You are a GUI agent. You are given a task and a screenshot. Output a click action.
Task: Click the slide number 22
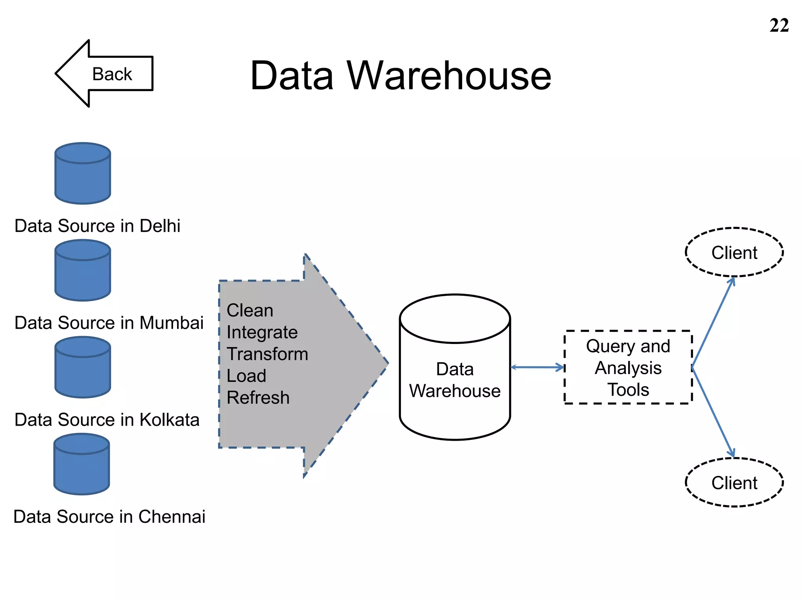click(x=779, y=26)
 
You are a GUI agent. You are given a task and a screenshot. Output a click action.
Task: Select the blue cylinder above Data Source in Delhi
click(x=83, y=174)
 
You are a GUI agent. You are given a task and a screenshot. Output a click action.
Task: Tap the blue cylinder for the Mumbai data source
click(x=83, y=271)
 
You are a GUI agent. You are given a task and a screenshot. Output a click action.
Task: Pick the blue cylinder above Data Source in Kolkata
click(x=83, y=368)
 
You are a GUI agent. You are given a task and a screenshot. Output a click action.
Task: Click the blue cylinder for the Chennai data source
click(x=81, y=464)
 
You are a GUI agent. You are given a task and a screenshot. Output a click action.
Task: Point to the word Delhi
click(x=160, y=226)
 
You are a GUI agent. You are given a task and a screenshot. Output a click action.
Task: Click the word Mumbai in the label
click(x=172, y=323)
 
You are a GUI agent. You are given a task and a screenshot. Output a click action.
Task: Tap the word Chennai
click(x=172, y=516)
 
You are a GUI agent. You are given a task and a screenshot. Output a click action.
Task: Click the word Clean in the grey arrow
click(x=250, y=310)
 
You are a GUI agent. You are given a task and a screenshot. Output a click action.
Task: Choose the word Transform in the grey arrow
click(x=267, y=354)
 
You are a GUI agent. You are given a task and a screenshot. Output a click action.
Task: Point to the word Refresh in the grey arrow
click(x=258, y=398)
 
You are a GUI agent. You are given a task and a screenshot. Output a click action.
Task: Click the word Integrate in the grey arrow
click(x=262, y=333)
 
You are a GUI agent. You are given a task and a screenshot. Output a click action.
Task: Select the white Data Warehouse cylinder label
click(x=455, y=380)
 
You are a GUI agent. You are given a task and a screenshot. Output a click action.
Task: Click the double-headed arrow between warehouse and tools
click(x=537, y=367)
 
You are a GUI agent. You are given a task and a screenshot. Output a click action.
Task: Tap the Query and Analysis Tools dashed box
click(x=628, y=367)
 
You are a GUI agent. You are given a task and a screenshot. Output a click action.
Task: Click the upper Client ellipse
click(x=734, y=252)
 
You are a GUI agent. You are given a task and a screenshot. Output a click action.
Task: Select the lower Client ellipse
click(x=734, y=482)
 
